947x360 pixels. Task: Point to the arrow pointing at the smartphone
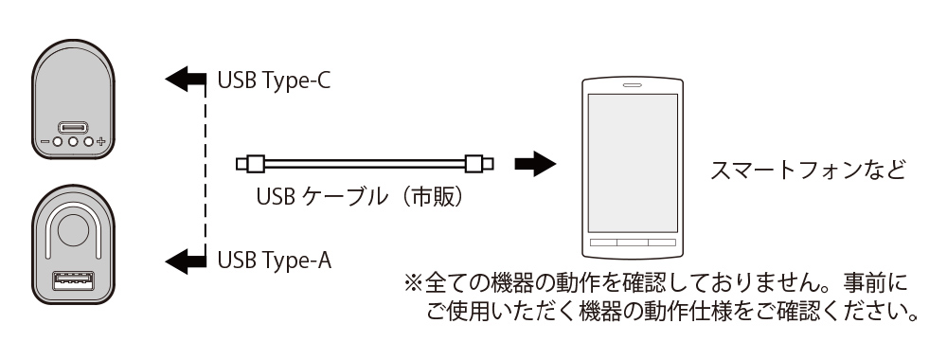532,164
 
